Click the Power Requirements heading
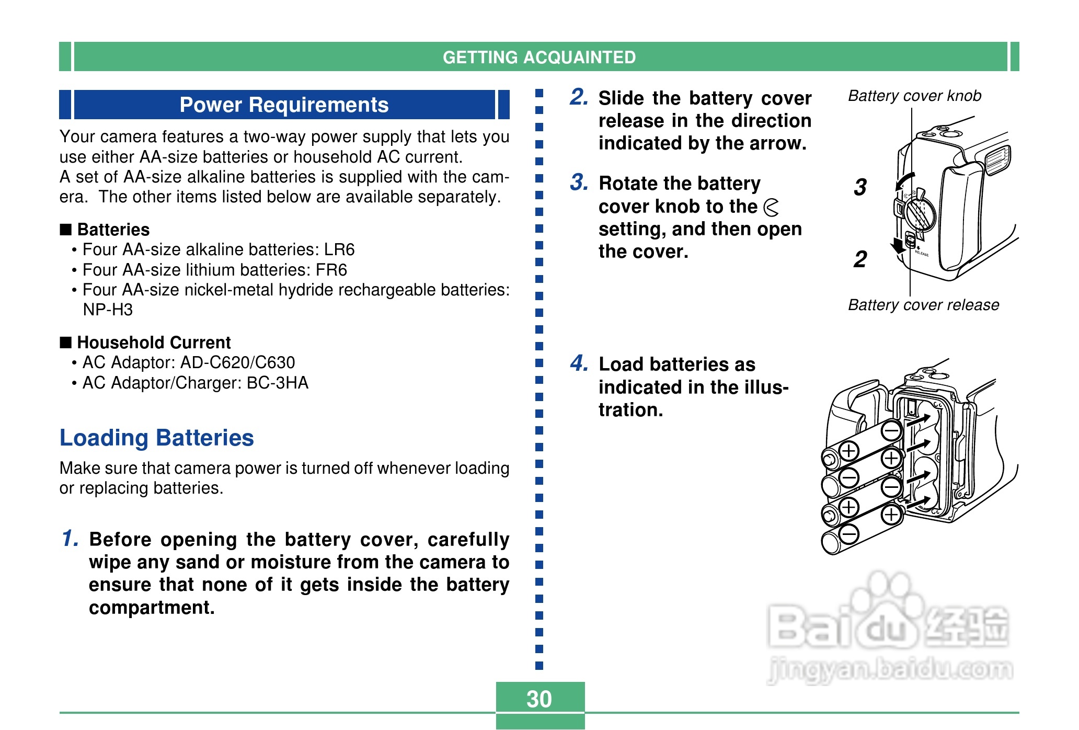(x=284, y=105)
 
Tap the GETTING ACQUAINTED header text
(x=539, y=57)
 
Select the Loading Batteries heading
(x=156, y=438)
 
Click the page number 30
(x=539, y=699)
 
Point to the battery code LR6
(x=339, y=250)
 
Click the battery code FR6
(x=331, y=270)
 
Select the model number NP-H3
(x=108, y=310)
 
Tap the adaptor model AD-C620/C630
(x=238, y=362)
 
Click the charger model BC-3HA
(x=277, y=383)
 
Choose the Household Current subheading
(x=154, y=343)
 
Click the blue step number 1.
(x=70, y=538)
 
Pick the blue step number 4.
(x=579, y=363)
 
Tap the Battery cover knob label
(x=914, y=96)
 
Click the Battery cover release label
(x=923, y=305)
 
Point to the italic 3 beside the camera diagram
(x=860, y=187)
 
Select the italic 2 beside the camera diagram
(x=860, y=259)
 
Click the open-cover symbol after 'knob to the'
(x=771, y=207)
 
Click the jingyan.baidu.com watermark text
(x=890, y=669)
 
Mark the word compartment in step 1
(x=152, y=608)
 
